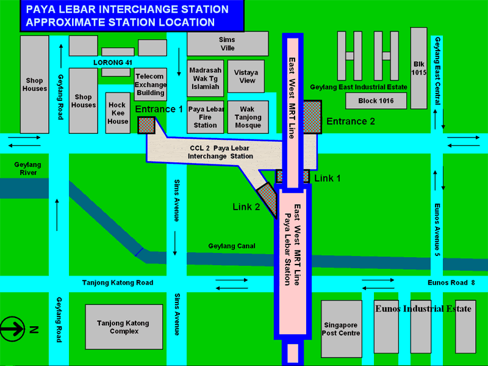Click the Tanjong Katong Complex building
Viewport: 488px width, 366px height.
[x=122, y=327]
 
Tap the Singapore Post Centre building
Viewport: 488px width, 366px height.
[x=341, y=328]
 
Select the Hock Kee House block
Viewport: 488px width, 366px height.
[x=117, y=112]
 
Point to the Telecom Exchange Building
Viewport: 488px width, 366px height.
[x=150, y=85]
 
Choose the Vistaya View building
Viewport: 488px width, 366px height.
[x=246, y=76]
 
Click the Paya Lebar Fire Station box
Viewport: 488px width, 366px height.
[x=206, y=117]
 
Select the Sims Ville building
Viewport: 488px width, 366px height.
[x=227, y=43]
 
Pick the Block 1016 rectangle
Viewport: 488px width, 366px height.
[x=376, y=101]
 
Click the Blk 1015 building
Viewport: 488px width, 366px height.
[x=418, y=67]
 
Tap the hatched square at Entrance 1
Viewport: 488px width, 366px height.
[x=146, y=125]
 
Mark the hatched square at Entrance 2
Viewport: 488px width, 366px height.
[x=312, y=113]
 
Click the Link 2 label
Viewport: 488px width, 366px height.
[x=246, y=207]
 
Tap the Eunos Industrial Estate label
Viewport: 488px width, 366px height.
[x=423, y=309]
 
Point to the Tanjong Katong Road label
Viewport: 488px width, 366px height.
[x=118, y=283]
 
